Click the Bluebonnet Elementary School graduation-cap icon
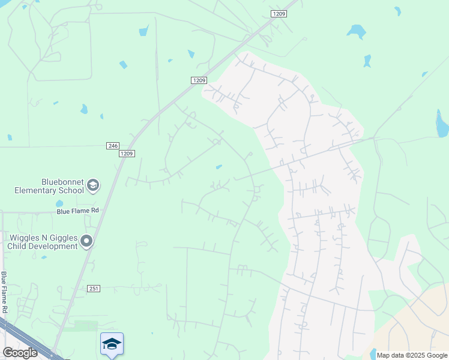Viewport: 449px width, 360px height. pos(92,185)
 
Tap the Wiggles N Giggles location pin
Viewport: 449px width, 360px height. pos(86,241)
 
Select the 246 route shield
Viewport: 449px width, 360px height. pos(112,146)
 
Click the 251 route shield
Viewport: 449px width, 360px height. pos(94,289)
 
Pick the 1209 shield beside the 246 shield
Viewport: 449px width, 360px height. pos(127,154)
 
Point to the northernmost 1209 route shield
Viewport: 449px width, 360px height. pos(279,13)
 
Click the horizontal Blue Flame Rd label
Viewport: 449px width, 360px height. pos(77,211)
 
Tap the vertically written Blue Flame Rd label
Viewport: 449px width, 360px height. pos(4,292)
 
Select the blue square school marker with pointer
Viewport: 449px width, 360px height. pos(112,344)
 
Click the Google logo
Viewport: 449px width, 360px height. pos(20,353)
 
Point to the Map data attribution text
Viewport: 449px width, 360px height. pos(412,355)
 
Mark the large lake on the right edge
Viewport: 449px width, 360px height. pos(442,124)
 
